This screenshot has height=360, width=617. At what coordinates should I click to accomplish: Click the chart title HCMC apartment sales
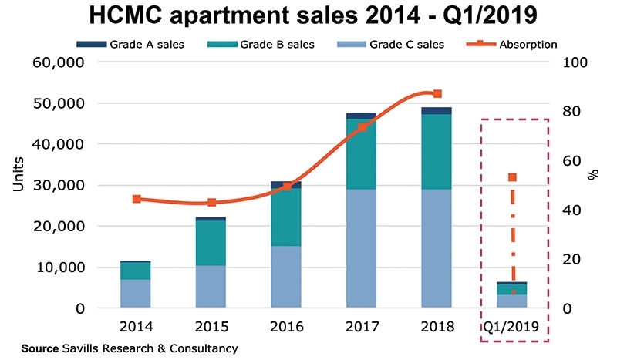(x=308, y=16)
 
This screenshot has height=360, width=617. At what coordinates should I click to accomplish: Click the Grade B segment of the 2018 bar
(x=437, y=151)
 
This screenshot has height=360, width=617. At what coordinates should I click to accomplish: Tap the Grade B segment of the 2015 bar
(x=211, y=243)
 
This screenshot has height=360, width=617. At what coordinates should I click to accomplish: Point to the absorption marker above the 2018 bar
(x=437, y=94)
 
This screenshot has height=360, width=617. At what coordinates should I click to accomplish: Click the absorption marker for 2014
(x=137, y=199)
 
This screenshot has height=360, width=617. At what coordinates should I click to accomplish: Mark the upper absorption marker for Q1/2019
(x=512, y=177)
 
